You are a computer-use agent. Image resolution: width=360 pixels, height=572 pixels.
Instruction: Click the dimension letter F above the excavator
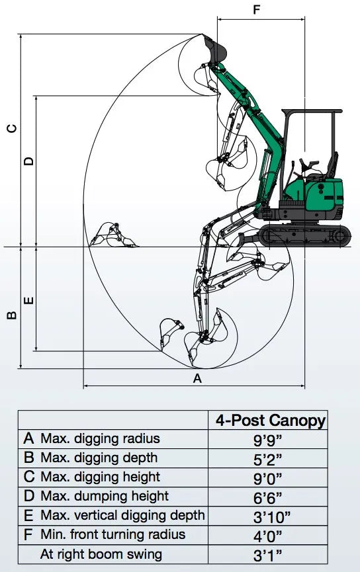point(257,10)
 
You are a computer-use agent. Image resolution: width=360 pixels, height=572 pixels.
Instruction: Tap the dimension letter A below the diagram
point(196,378)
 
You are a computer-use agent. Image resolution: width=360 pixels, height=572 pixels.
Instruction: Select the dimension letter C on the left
point(11,128)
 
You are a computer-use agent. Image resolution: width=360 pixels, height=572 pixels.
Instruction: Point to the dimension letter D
point(28,161)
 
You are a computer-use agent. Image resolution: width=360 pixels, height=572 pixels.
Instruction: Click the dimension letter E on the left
point(28,301)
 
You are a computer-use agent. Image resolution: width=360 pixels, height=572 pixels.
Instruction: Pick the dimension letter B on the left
point(11,315)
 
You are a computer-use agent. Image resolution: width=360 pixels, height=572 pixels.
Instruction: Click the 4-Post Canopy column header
point(270,421)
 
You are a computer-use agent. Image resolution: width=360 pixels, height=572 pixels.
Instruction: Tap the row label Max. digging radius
point(99,438)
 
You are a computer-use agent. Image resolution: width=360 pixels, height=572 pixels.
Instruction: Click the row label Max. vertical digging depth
point(122,515)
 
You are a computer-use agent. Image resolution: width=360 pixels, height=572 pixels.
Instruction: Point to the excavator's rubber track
point(305,235)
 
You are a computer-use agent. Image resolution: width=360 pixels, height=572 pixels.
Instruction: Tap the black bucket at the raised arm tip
point(216,47)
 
